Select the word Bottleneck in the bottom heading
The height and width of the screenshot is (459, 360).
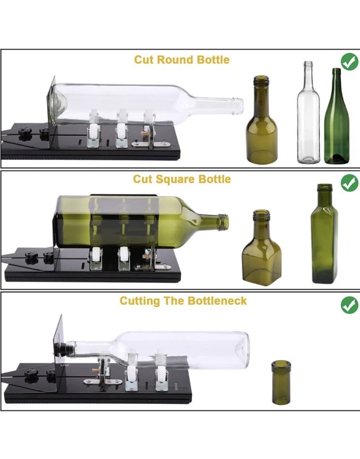pyautogui.click(x=217, y=301)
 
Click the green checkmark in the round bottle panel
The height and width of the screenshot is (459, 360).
pyautogui.click(x=349, y=62)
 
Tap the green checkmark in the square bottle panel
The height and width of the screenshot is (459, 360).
pyautogui.click(x=349, y=183)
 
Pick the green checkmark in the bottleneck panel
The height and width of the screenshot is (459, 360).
pyautogui.click(x=349, y=305)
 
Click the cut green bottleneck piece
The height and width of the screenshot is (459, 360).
pyautogui.click(x=281, y=382)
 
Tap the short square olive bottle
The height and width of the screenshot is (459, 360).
pyautogui.click(x=262, y=247)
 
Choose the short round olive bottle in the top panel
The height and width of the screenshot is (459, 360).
pyautogui.click(x=262, y=120)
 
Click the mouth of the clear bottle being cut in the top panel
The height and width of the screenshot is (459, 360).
pyautogui.click(x=240, y=105)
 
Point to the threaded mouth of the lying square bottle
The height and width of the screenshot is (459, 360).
pyautogui.click(x=224, y=222)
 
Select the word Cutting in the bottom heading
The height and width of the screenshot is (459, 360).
pyautogui.click(x=140, y=301)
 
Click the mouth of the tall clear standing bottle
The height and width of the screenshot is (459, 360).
pyautogui.click(x=308, y=63)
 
